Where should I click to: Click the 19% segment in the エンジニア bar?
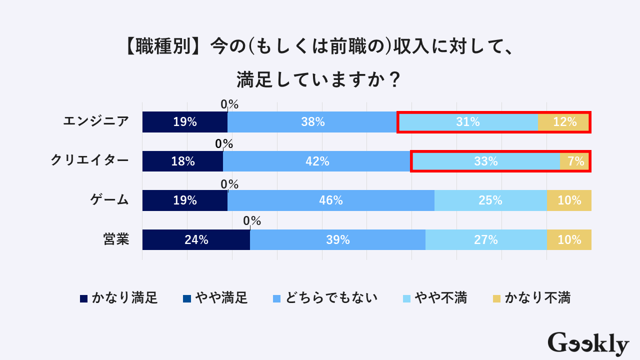click(x=185, y=122)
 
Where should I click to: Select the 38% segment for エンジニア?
click(x=312, y=122)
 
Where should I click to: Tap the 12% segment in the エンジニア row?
click(x=564, y=122)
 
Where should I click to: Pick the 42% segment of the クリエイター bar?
click(x=317, y=161)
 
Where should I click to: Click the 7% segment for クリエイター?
click(x=575, y=161)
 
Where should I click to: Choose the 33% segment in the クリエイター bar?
click(x=485, y=161)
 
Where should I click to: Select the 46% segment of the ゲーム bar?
click(x=330, y=200)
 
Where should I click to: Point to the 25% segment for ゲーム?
click(x=490, y=200)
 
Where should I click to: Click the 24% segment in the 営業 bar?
click(x=196, y=239)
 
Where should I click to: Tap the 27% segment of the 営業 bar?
click(x=485, y=239)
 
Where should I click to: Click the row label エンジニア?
click(x=96, y=121)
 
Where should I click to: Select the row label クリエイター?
click(x=89, y=161)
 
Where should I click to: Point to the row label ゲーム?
click(x=109, y=200)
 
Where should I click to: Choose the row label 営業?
click(x=116, y=239)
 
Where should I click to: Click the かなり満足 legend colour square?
click(x=84, y=298)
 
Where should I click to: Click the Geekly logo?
click(x=588, y=343)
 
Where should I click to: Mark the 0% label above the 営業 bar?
click(x=252, y=220)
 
